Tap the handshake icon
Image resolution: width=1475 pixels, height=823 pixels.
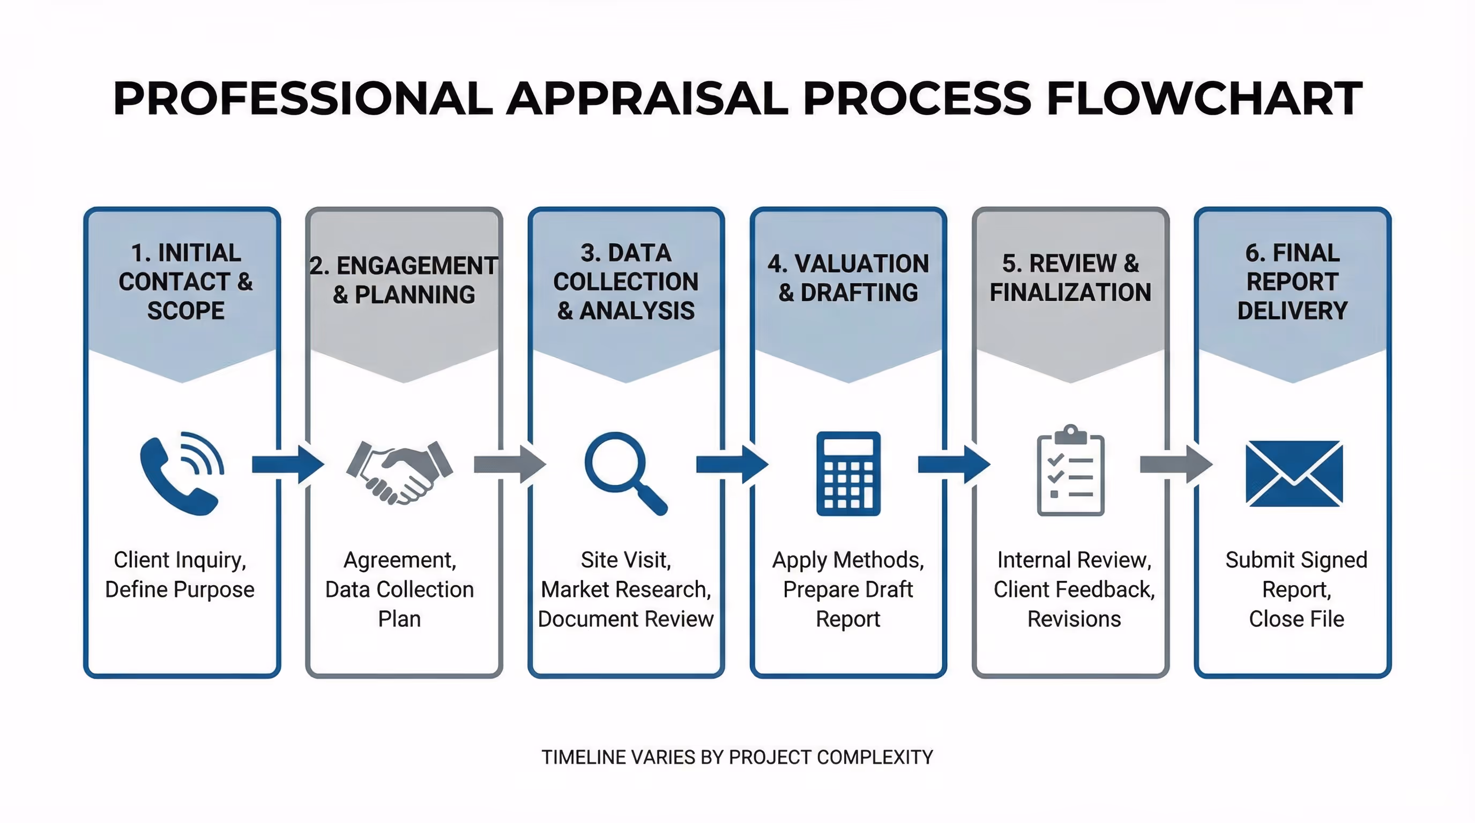[400, 472]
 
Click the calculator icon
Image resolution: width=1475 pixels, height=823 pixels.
[848, 473]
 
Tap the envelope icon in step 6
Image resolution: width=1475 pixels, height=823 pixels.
[1293, 473]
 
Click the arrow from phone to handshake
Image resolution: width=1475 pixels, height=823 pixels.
[287, 464]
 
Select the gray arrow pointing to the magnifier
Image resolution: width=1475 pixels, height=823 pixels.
[510, 464]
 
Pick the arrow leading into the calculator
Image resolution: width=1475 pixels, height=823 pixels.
[732, 464]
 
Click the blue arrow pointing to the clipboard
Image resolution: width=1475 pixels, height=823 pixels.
[953, 464]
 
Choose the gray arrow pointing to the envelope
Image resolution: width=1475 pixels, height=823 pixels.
[1175, 464]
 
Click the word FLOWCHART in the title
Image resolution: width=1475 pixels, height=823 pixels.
[1204, 98]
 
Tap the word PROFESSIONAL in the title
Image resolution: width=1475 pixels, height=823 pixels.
[302, 98]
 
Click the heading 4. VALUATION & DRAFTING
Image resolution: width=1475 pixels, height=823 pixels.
[848, 278]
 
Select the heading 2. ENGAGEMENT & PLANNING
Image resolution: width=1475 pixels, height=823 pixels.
[404, 280]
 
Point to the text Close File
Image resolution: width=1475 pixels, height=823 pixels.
[1296, 619]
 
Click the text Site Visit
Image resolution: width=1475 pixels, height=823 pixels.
[625, 560]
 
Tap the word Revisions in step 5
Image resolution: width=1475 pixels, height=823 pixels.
[1074, 619]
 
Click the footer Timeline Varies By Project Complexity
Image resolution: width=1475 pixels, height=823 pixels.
[737, 757]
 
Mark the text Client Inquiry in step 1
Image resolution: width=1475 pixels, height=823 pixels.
[180, 560]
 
